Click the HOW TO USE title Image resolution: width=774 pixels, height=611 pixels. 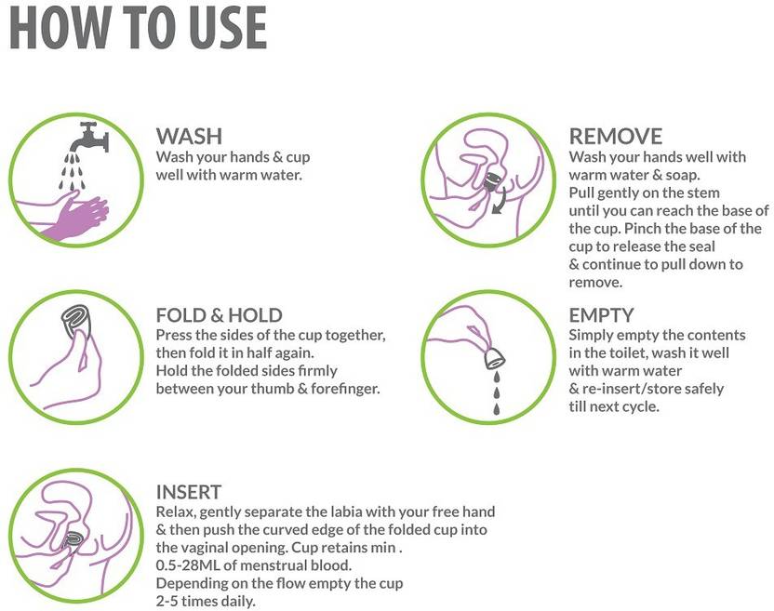pos(139,27)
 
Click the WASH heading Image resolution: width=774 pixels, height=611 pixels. pos(189,136)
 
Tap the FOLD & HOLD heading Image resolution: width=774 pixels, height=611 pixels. pos(220,315)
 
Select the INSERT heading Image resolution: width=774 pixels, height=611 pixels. pos(189,492)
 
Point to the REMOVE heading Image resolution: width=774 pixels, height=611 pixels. pos(616,136)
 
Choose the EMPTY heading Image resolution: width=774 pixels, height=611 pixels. pos(601,315)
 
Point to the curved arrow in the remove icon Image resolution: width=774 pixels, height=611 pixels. pos(500,203)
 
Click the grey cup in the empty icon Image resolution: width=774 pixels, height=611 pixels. pos(495,358)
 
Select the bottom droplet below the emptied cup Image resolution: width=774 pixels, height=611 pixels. pos(497,408)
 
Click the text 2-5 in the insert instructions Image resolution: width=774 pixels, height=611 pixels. pos(167,601)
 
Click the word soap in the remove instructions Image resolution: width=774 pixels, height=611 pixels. pos(682,175)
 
